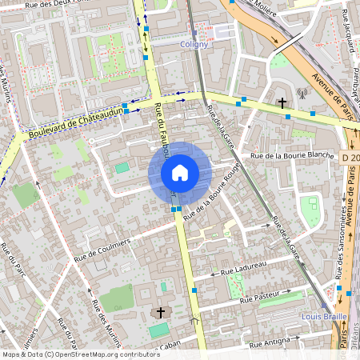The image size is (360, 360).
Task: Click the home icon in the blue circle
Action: [x=180, y=172]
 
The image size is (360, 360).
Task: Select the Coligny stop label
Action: [x=194, y=44]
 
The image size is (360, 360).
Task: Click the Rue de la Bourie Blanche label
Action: [x=292, y=154]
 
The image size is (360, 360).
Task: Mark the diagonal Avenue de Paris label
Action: [x=335, y=90]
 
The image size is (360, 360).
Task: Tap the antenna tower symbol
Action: [x=302, y=94]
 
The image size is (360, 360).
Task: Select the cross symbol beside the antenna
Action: [x=282, y=102]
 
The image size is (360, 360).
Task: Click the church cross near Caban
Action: [x=160, y=311]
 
